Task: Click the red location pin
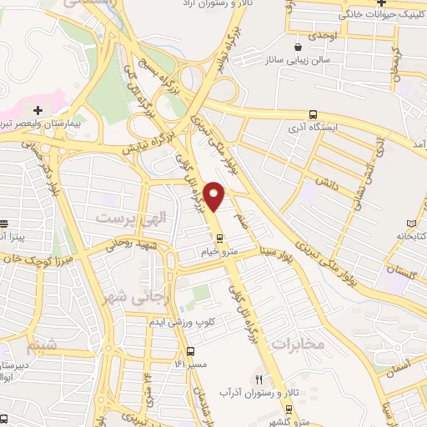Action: click(x=215, y=196)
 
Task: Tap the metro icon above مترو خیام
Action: click(x=220, y=236)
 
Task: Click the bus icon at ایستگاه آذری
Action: click(x=313, y=114)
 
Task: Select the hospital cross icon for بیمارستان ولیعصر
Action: click(x=38, y=109)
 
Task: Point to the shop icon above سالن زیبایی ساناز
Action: click(x=299, y=47)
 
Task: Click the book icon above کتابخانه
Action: click(x=410, y=223)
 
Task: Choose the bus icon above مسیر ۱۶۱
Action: click(x=191, y=351)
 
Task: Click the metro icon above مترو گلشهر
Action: click(x=289, y=409)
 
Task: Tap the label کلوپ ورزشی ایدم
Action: click(x=182, y=322)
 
